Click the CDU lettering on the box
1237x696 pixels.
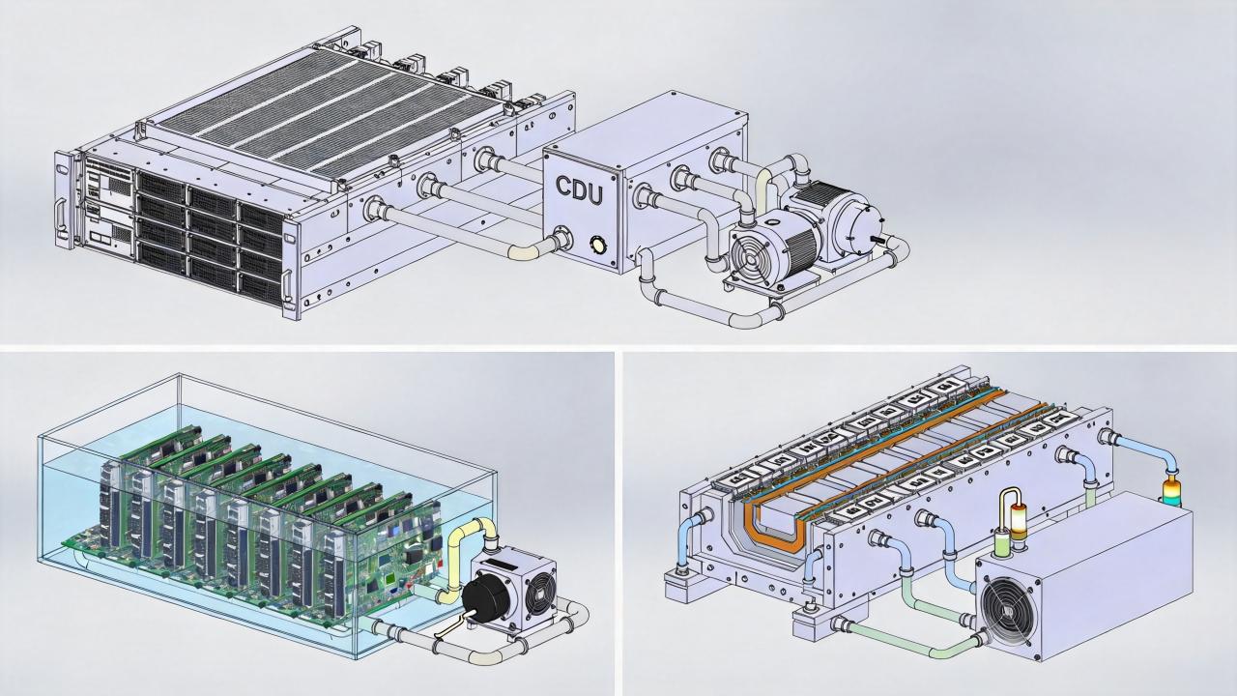[x=579, y=190]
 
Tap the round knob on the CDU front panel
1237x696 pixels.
[x=597, y=244]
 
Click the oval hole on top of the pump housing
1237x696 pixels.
[x=772, y=223]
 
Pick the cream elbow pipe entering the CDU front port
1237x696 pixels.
[x=529, y=251]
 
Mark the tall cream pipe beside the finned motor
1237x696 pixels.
[x=763, y=187]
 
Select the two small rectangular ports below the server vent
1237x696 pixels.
[x=101, y=238]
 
